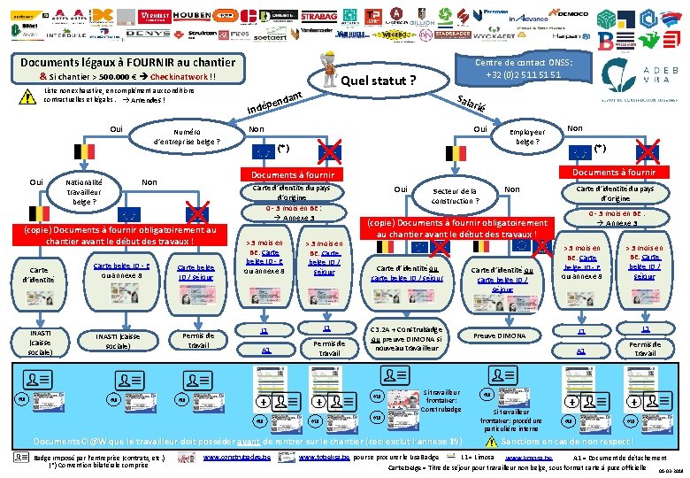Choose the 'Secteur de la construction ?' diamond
coord(456,196)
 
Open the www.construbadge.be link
coord(234,457)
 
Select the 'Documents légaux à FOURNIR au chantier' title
coord(127,62)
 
